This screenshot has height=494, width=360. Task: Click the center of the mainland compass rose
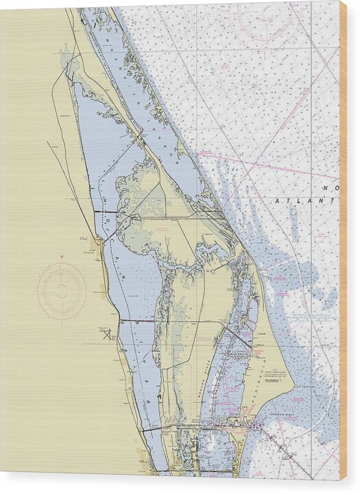tap(62, 291)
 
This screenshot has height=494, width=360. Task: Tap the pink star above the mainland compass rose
tap(62, 257)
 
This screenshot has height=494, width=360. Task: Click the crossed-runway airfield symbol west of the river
tap(107, 334)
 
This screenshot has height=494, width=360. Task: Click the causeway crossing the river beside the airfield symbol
tap(137, 321)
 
